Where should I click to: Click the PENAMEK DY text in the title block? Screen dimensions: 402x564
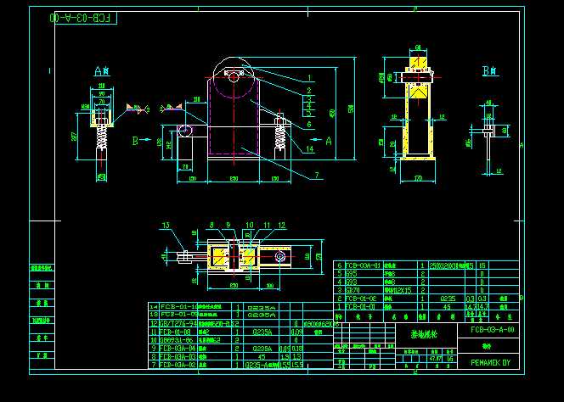point(490,362)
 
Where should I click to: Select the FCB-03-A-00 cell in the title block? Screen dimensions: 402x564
point(491,329)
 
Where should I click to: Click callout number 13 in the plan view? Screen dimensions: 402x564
point(167,225)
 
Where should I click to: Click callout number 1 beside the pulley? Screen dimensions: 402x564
point(309,77)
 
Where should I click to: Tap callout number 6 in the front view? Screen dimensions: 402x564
point(309,124)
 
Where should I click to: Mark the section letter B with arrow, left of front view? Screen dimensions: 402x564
point(135,140)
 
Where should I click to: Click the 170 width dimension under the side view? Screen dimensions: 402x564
point(418,179)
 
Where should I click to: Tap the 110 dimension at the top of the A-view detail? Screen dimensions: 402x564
point(101,85)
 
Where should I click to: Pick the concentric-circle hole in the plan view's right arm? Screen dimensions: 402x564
point(278,254)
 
